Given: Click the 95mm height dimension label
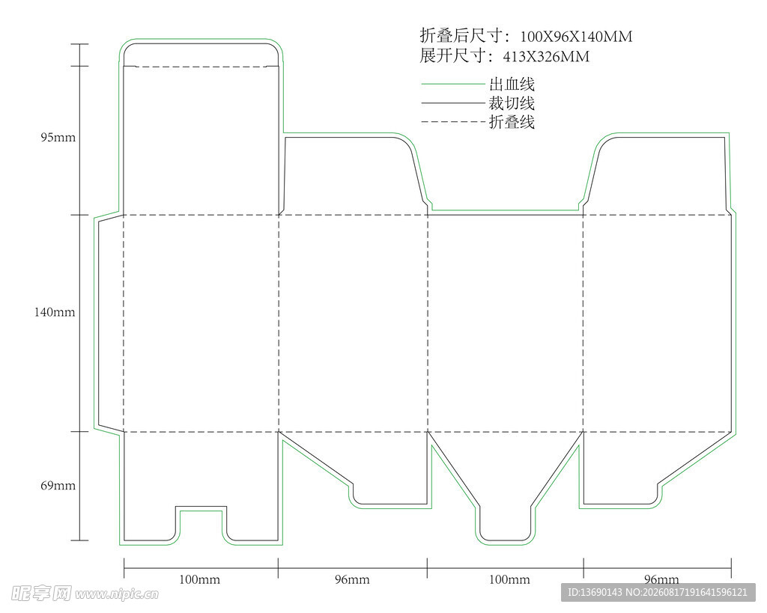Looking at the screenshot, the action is pos(58,138).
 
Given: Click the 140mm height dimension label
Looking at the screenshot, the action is pos(55,312).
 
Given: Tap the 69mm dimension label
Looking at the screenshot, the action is pos(58,486).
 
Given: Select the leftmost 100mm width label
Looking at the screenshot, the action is pos(199,580).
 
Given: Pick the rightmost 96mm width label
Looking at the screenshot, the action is pos(661,580).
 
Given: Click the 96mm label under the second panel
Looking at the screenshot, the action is pos(352,580).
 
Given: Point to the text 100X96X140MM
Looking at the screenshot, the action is pos(576,37).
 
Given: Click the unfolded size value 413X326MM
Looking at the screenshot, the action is pos(546,57).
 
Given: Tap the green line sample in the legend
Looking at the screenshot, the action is pos(453,84).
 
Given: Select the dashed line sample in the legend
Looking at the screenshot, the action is pos(453,122).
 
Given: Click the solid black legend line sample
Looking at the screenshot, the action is pos(453,103).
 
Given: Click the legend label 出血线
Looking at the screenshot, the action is pos(512,84).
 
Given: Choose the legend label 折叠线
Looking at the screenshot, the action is pos(512,122).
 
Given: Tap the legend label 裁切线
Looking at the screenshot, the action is pos(512,103).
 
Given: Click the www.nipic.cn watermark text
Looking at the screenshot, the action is pos(117,594).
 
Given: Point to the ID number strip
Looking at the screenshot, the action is pos(658,593).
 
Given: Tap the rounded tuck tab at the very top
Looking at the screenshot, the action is pos(201,54).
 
